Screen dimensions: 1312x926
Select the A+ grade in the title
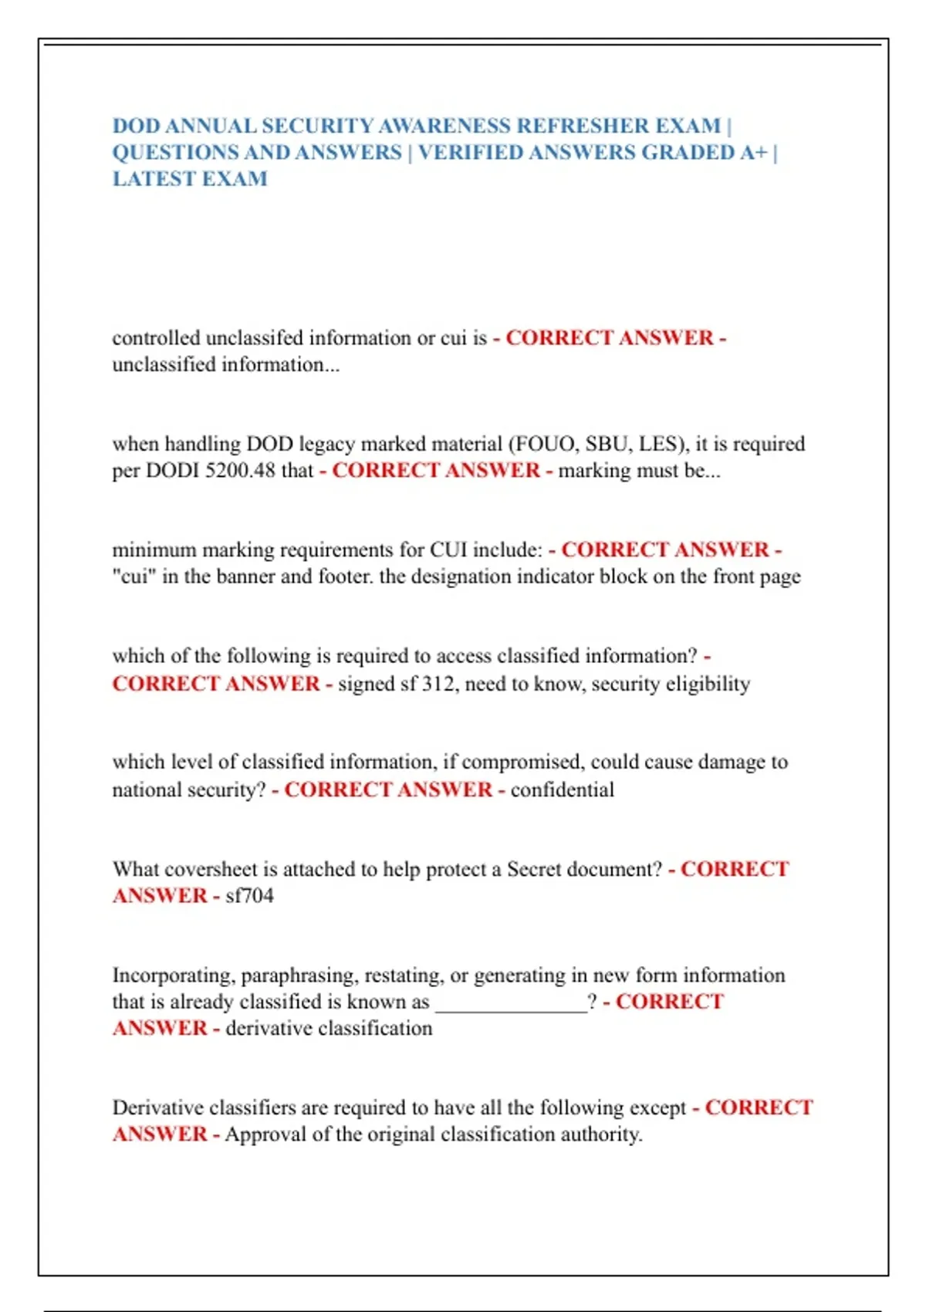click(754, 153)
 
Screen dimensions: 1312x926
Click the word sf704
click(249, 896)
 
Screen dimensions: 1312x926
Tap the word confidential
click(563, 790)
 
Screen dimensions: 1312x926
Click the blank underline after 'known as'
click(511, 1003)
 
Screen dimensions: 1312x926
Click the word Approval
click(265, 1134)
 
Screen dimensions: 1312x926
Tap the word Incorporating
click(173, 976)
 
